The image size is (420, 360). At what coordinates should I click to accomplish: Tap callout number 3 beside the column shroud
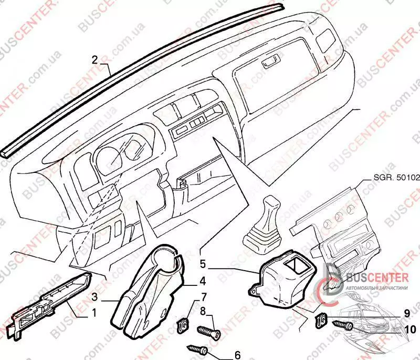pyautogui.click(x=95, y=297)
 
